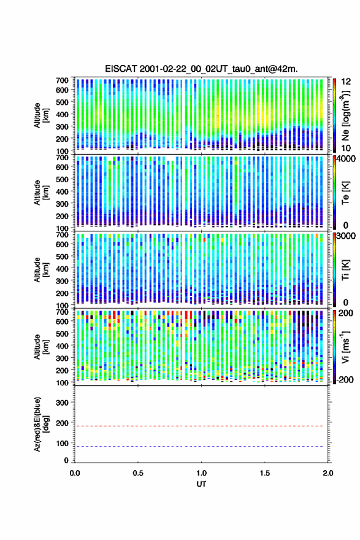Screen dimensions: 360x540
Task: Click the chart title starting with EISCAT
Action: tap(201, 69)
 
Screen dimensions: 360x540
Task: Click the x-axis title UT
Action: tap(201, 484)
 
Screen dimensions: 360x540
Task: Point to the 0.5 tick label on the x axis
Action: tap(138, 473)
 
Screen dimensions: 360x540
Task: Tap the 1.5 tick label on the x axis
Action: tap(265, 473)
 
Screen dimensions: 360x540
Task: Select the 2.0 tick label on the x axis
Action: tap(328, 473)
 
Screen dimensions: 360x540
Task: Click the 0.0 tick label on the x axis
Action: tap(75, 473)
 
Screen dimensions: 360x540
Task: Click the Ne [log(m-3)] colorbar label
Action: tap(345, 115)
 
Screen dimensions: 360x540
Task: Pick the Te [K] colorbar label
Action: tap(345, 193)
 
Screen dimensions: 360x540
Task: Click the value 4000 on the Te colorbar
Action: tap(347, 159)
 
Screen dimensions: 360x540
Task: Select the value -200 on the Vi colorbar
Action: tap(346, 379)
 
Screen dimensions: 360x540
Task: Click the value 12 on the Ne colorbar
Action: tap(347, 82)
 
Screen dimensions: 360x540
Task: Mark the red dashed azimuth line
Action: tap(201, 426)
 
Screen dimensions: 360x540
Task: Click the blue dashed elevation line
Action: tap(201, 446)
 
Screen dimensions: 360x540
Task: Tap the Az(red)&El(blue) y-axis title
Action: tap(41, 424)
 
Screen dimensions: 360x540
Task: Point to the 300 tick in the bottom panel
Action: tap(63, 403)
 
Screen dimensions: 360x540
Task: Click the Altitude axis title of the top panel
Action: tap(41, 115)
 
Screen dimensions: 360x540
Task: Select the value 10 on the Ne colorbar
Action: tap(347, 148)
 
